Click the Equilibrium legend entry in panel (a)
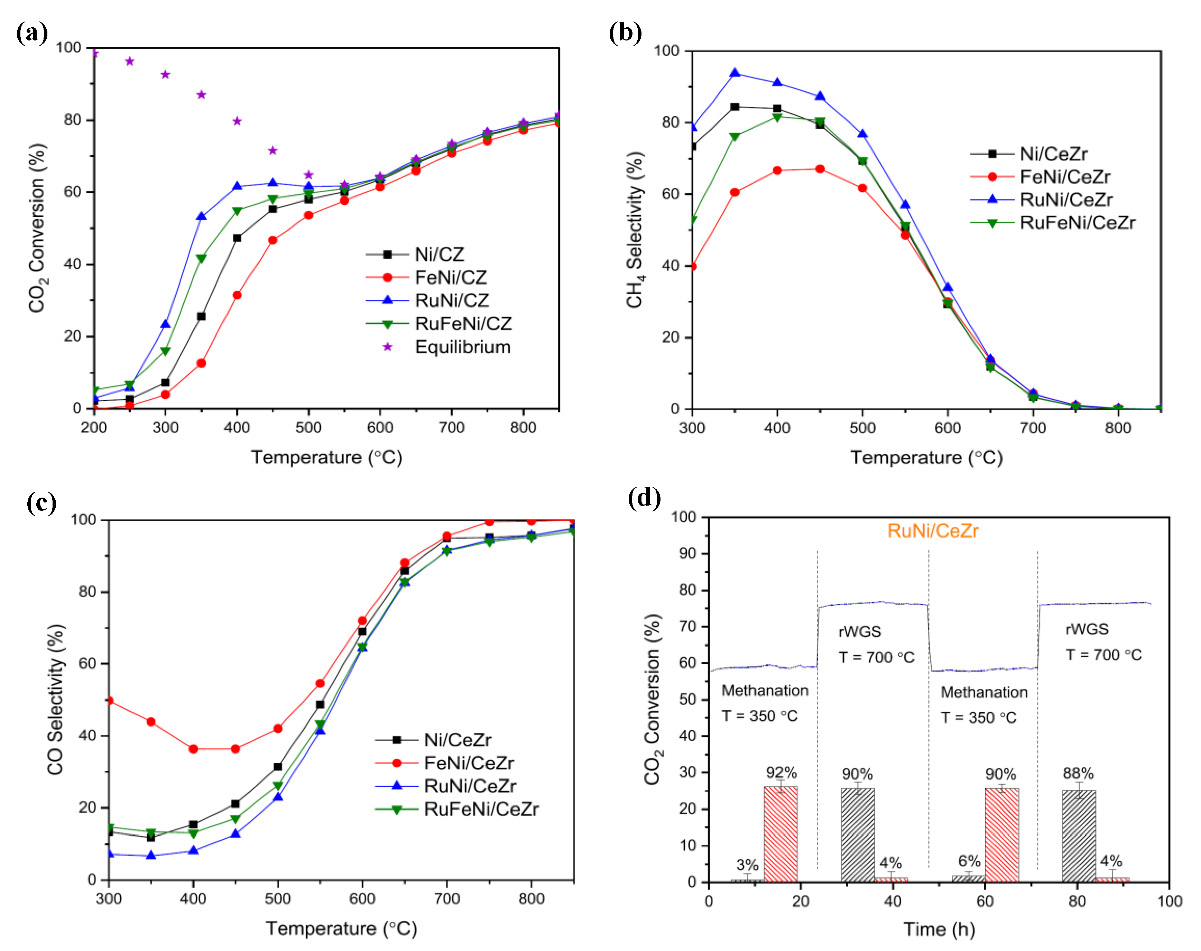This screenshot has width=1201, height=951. (x=462, y=347)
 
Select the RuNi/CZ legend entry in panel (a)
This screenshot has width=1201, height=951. (x=452, y=301)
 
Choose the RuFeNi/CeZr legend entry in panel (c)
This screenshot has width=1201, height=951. (x=481, y=809)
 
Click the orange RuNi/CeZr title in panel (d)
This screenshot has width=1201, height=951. (x=933, y=530)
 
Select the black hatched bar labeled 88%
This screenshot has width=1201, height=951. (x=1079, y=835)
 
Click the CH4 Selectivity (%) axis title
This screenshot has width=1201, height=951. (x=635, y=229)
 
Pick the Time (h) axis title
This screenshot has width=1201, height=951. (x=939, y=929)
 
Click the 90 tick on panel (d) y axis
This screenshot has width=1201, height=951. (x=687, y=553)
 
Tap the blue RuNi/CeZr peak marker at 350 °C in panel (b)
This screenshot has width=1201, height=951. (x=735, y=73)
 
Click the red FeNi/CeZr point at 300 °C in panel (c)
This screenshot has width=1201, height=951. (x=109, y=700)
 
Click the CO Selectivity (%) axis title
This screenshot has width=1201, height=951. (x=56, y=699)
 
